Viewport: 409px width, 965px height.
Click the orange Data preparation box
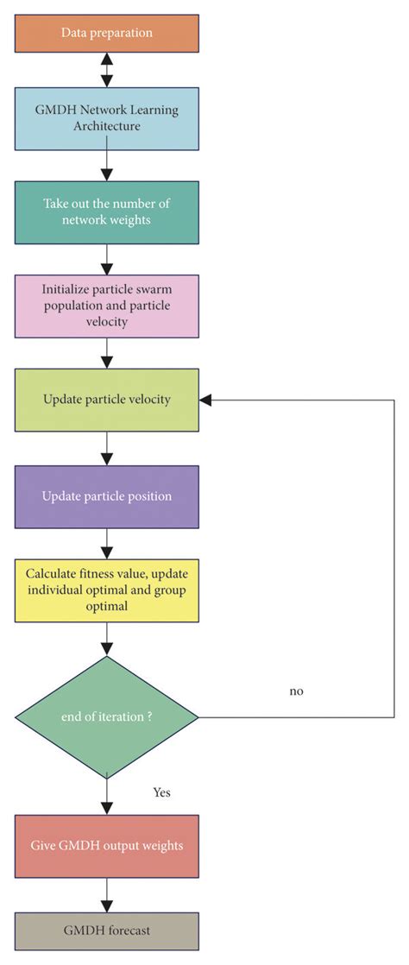point(107,32)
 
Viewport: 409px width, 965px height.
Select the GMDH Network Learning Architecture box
point(107,117)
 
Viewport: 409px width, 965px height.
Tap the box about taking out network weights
point(107,211)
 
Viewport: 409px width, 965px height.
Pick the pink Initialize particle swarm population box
point(107,306)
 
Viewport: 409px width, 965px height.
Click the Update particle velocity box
point(107,400)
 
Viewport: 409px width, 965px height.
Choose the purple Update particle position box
point(107,496)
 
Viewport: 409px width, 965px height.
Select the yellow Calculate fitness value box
point(107,590)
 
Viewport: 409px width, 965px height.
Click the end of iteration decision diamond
point(107,716)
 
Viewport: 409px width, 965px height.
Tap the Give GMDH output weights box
point(107,845)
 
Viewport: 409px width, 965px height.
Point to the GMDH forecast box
point(107,931)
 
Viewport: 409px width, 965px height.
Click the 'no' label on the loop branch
point(298,691)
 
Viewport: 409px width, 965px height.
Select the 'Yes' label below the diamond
point(162,791)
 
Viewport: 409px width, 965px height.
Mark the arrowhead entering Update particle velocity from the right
point(206,400)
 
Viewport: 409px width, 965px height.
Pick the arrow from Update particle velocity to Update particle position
point(107,448)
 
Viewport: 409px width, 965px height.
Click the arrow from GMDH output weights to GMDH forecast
point(107,894)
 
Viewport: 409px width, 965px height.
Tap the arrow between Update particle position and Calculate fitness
point(107,543)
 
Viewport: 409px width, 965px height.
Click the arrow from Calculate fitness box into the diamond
point(107,639)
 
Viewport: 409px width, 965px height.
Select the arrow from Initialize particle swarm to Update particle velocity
point(107,352)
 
